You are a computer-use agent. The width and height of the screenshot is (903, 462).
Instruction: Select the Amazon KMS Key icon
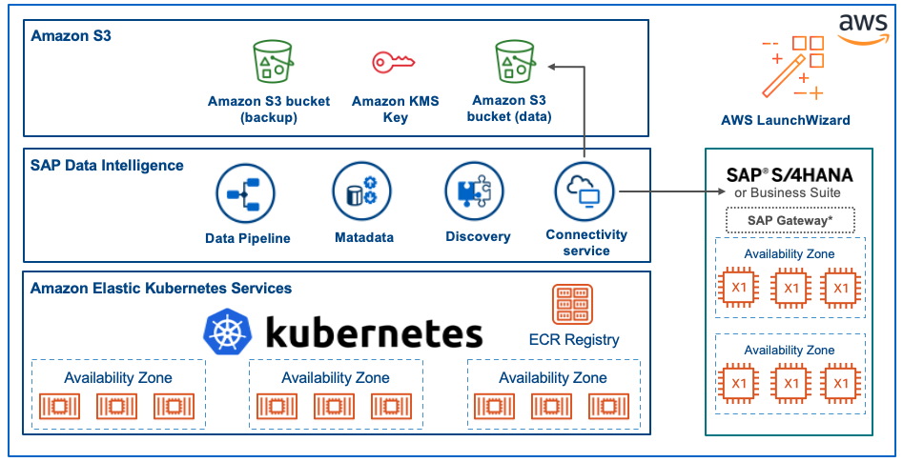pyautogui.click(x=393, y=62)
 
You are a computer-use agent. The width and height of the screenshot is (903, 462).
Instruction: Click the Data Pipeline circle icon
pyautogui.click(x=245, y=193)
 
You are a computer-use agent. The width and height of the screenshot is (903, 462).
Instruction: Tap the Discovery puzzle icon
pyautogui.click(x=474, y=191)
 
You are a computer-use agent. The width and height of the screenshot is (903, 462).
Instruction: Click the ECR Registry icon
pyautogui.click(x=572, y=305)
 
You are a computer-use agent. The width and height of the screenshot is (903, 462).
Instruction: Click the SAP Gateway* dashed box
pyautogui.click(x=789, y=220)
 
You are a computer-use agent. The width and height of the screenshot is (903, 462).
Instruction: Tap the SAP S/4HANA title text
pyautogui.click(x=790, y=175)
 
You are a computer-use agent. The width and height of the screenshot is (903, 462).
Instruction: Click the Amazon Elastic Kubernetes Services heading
pyautogui.click(x=161, y=288)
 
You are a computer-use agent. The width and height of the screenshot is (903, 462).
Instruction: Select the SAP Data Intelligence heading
pyautogui.click(x=107, y=165)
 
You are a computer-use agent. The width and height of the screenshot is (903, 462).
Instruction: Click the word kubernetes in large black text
pyautogui.click(x=373, y=334)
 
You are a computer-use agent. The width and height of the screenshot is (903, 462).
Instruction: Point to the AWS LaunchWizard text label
pyautogui.click(x=785, y=120)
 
